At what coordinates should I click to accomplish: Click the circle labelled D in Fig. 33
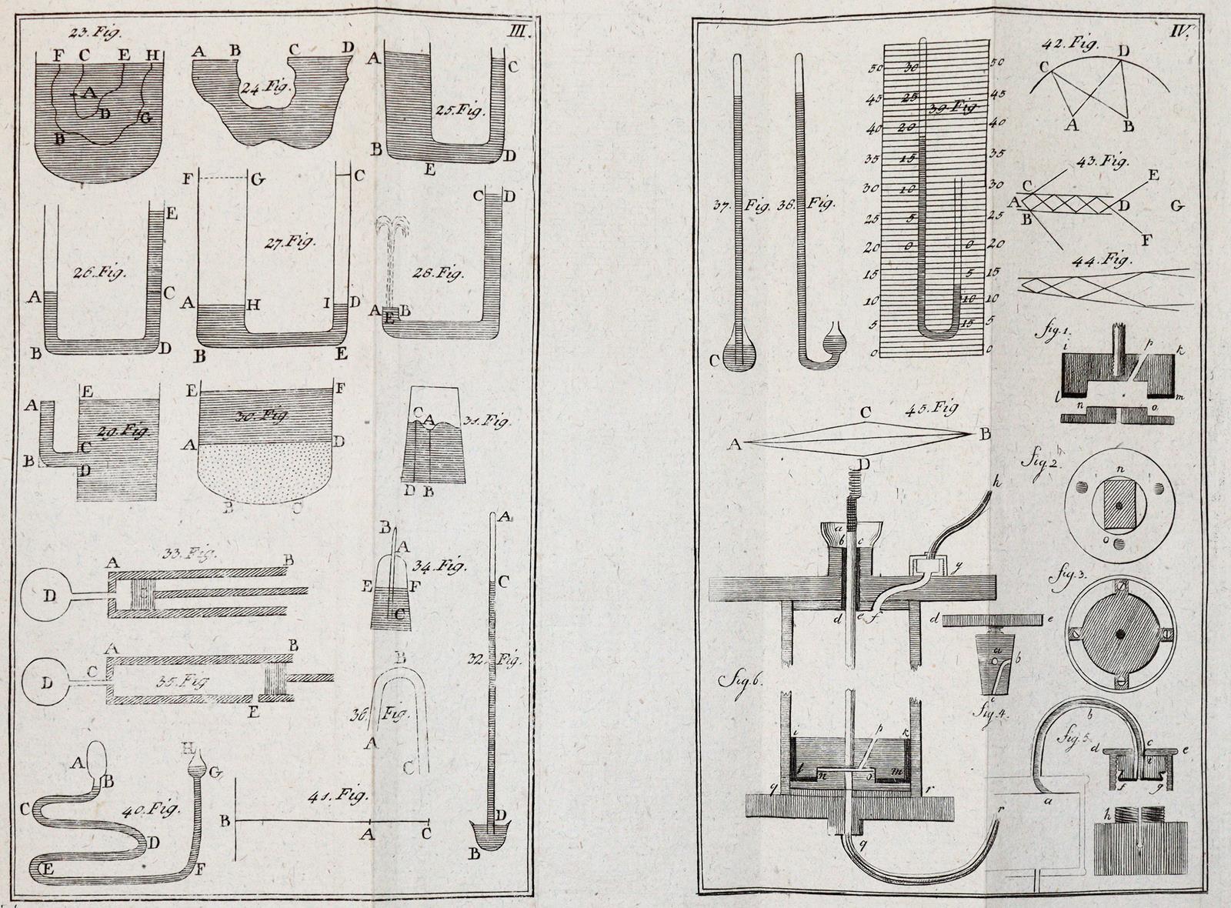(48, 594)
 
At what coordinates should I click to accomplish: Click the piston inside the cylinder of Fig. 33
(142, 594)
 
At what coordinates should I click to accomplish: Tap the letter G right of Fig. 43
(1178, 205)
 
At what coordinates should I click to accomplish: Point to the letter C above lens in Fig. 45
(866, 413)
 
